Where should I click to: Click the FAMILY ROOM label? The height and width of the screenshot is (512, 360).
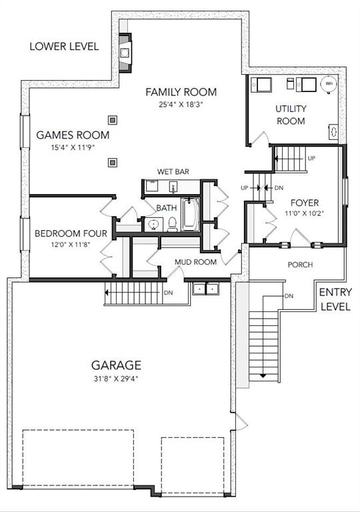click(181, 92)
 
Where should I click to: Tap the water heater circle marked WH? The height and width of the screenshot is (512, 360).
click(329, 84)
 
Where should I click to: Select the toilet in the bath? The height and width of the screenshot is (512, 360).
click(173, 224)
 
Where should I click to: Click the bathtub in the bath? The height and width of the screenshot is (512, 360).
click(190, 214)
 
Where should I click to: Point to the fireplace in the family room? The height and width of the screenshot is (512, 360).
click(125, 52)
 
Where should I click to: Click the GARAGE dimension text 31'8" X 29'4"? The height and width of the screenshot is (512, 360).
click(116, 379)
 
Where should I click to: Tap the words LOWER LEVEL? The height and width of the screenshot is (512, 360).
click(65, 47)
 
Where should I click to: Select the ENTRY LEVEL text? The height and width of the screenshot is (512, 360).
click(335, 299)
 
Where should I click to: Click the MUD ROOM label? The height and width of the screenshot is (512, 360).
click(195, 262)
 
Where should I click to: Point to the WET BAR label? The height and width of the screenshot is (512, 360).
click(173, 171)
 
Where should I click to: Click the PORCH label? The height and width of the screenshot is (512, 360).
click(300, 265)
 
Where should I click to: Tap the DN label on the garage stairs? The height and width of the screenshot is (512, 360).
click(168, 293)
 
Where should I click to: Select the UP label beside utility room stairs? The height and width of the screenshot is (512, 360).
click(311, 158)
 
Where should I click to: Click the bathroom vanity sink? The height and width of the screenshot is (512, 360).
click(153, 224)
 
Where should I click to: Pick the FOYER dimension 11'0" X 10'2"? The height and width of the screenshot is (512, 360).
click(304, 213)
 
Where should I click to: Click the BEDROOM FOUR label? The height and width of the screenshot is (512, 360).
click(71, 233)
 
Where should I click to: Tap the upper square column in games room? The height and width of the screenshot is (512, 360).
click(113, 120)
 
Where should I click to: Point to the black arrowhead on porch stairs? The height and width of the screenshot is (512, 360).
click(263, 376)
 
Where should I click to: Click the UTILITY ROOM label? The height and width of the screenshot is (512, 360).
click(291, 115)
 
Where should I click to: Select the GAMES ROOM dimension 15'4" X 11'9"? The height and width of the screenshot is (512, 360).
click(73, 147)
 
